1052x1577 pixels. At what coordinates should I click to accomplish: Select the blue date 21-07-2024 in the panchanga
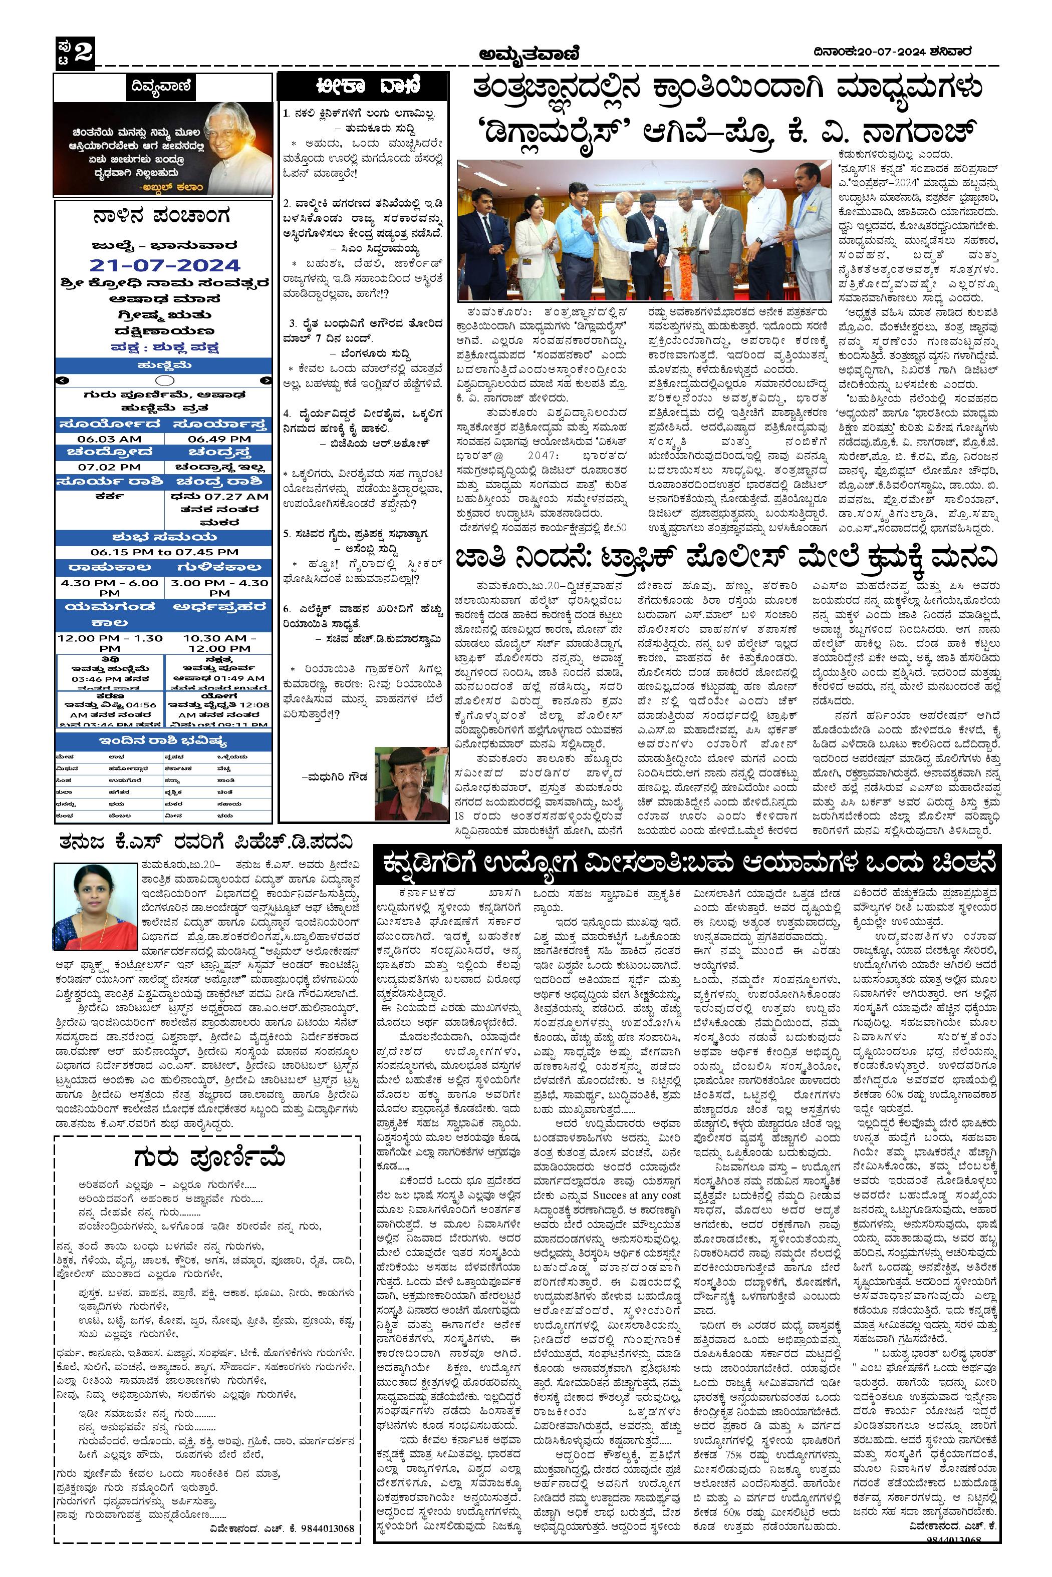click(164, 265)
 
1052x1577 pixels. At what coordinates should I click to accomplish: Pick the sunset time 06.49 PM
click(219, 439)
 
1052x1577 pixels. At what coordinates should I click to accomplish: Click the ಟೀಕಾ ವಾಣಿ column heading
click(361, 87)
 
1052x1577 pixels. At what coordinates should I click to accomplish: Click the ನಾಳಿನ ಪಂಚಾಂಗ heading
click(163, 217)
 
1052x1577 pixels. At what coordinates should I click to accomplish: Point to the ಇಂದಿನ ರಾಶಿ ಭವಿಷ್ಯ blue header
click(163, 741)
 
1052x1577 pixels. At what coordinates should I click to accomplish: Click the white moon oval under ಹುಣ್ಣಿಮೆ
click(164, 380)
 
